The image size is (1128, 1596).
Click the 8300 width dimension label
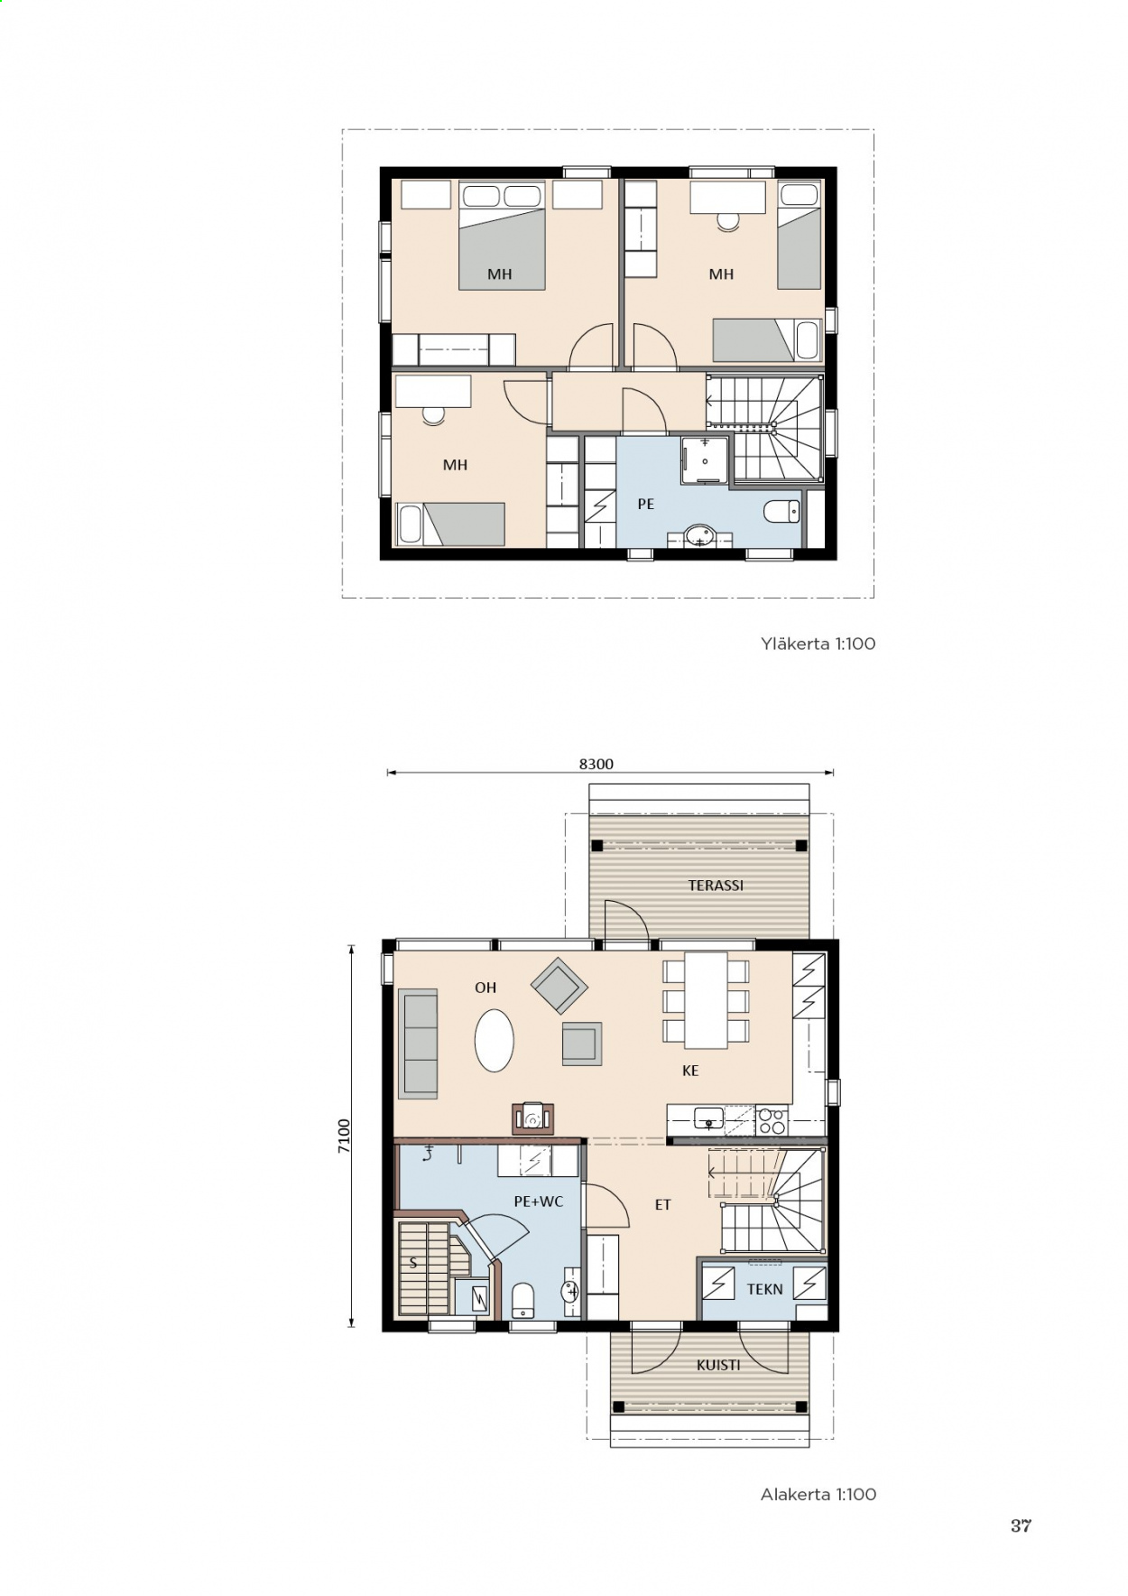[596, 764]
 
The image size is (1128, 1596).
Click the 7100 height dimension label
[344, 1136]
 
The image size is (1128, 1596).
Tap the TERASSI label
[716, 886]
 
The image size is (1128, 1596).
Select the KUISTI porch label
[718, 1365]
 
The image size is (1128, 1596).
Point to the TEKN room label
[764, 1289]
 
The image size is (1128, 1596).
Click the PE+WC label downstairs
[538, 1202]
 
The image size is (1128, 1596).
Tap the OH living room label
[485, 988]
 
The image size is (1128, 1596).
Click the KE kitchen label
[690, 1071]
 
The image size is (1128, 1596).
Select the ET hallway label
[663, 1204]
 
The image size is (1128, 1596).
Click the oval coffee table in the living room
[495, 1040]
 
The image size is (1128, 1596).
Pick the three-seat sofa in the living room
[418, 1044]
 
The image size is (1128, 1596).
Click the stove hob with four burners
[772, 1120]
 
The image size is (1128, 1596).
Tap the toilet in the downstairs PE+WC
[523, 1300]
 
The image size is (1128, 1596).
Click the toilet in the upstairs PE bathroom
[781, 512]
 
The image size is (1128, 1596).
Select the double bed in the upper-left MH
[503, 236]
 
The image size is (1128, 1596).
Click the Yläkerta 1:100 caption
[818, 644]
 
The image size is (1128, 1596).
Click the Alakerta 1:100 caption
[818, 1494]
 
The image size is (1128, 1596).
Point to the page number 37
[1021, 1526]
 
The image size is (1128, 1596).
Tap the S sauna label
[413, 1263]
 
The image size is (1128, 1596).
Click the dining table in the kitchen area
[706, 1000]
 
